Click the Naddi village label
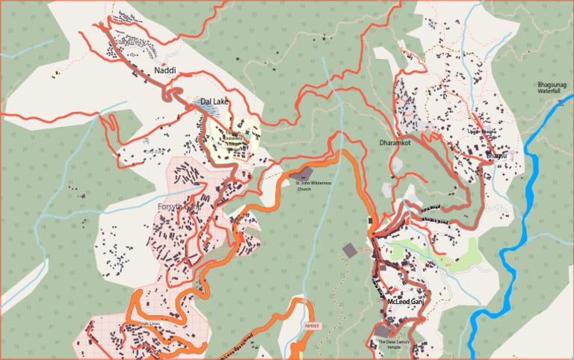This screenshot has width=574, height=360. [x=164, y=70]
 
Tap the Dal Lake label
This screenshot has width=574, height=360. [x=215, y=102]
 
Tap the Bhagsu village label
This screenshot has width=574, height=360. [x=497, y=155]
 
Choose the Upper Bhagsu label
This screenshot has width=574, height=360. [x=482, y=132]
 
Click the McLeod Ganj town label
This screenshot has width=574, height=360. [x=406, y=302]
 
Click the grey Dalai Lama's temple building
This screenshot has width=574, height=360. [x=383, y=331]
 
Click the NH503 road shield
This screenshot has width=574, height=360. [x=312, y=326]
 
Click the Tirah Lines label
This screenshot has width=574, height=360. [x=149, y=323]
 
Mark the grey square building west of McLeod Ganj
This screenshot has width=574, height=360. [x=350, y=249]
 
